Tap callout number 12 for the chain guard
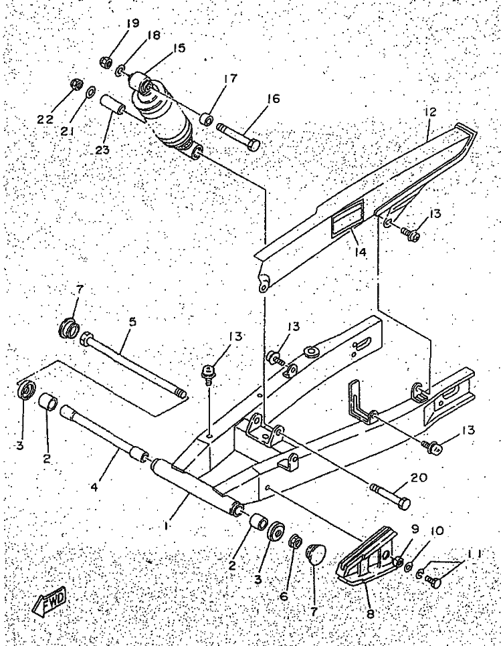tap(429, 114)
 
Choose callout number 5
tap(132, 322)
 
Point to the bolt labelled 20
tap(390, 494)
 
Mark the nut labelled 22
tap(76, 85)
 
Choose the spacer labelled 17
tap(207, 120)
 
